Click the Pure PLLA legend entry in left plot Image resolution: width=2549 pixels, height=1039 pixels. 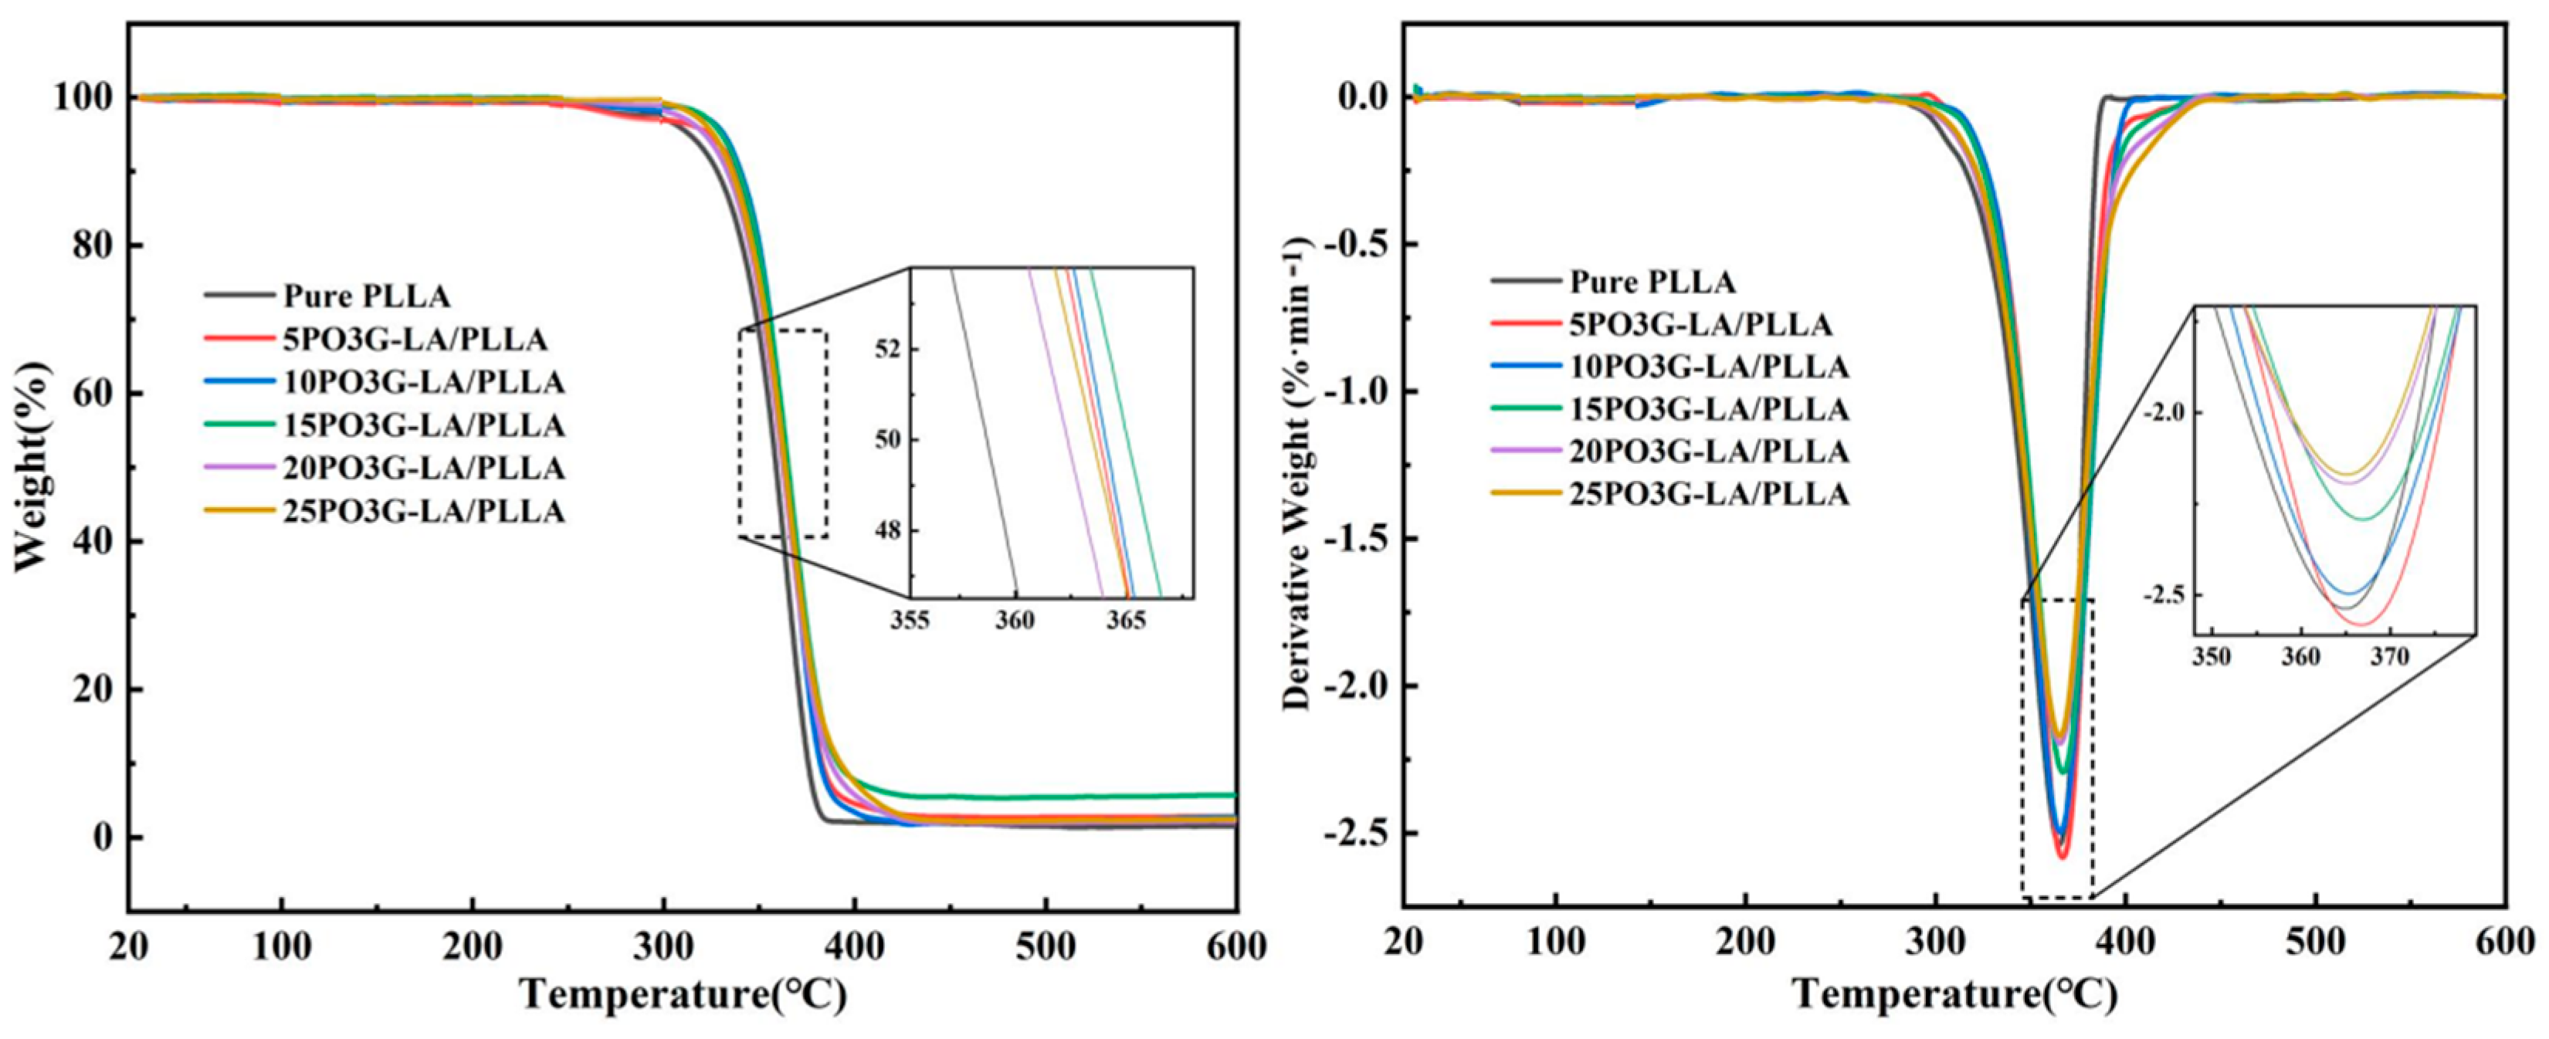coord(366,296)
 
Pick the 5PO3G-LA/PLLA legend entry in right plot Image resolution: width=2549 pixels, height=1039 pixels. coord(1701,324)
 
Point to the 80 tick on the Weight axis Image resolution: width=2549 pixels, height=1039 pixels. coord(94,245)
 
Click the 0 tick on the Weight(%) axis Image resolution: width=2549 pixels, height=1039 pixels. coord(105,837)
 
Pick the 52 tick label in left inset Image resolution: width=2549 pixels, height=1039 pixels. coord(887,350)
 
